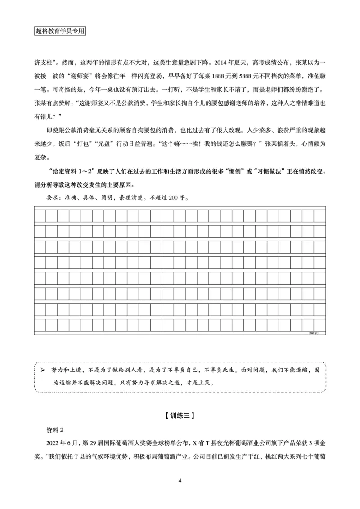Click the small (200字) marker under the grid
314,333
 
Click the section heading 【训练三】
180,415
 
